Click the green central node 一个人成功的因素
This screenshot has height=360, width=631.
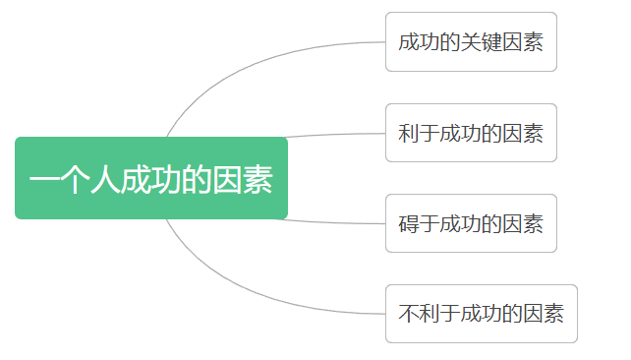pos(151,178)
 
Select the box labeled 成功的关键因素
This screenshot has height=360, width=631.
pos(471,41)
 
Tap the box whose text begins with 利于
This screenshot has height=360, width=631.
pos(471,133)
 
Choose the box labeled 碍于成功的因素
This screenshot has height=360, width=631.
pos(471,223)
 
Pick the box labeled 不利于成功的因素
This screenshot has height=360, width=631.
pos(481,314)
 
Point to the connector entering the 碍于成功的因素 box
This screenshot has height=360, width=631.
pos(334,222)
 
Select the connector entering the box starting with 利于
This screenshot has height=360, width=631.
pos(334,135)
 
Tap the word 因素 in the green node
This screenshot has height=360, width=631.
pos(243,180)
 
